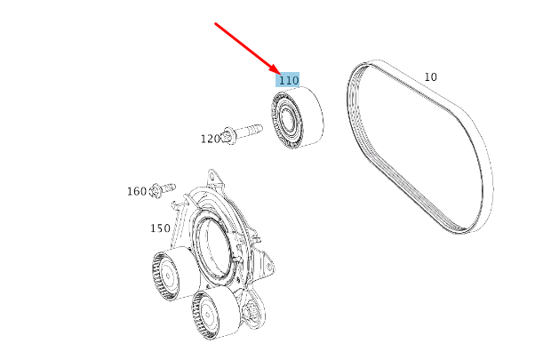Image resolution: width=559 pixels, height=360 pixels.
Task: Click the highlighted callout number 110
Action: click(288, 80)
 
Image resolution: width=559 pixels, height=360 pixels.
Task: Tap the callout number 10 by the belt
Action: click(430, 77)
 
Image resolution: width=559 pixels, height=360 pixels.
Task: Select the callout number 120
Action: click(210, 139)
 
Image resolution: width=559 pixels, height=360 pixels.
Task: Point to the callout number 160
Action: click(137, 191)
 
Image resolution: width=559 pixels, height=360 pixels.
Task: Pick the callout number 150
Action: click(160, 228)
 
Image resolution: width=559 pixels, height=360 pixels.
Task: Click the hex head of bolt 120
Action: click(229, 135)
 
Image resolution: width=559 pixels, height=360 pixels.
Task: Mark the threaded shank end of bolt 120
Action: click(259, 129)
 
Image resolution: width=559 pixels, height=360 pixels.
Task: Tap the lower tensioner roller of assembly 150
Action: click(213, 313)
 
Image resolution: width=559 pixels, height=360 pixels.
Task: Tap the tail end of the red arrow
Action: click(216, 24)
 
